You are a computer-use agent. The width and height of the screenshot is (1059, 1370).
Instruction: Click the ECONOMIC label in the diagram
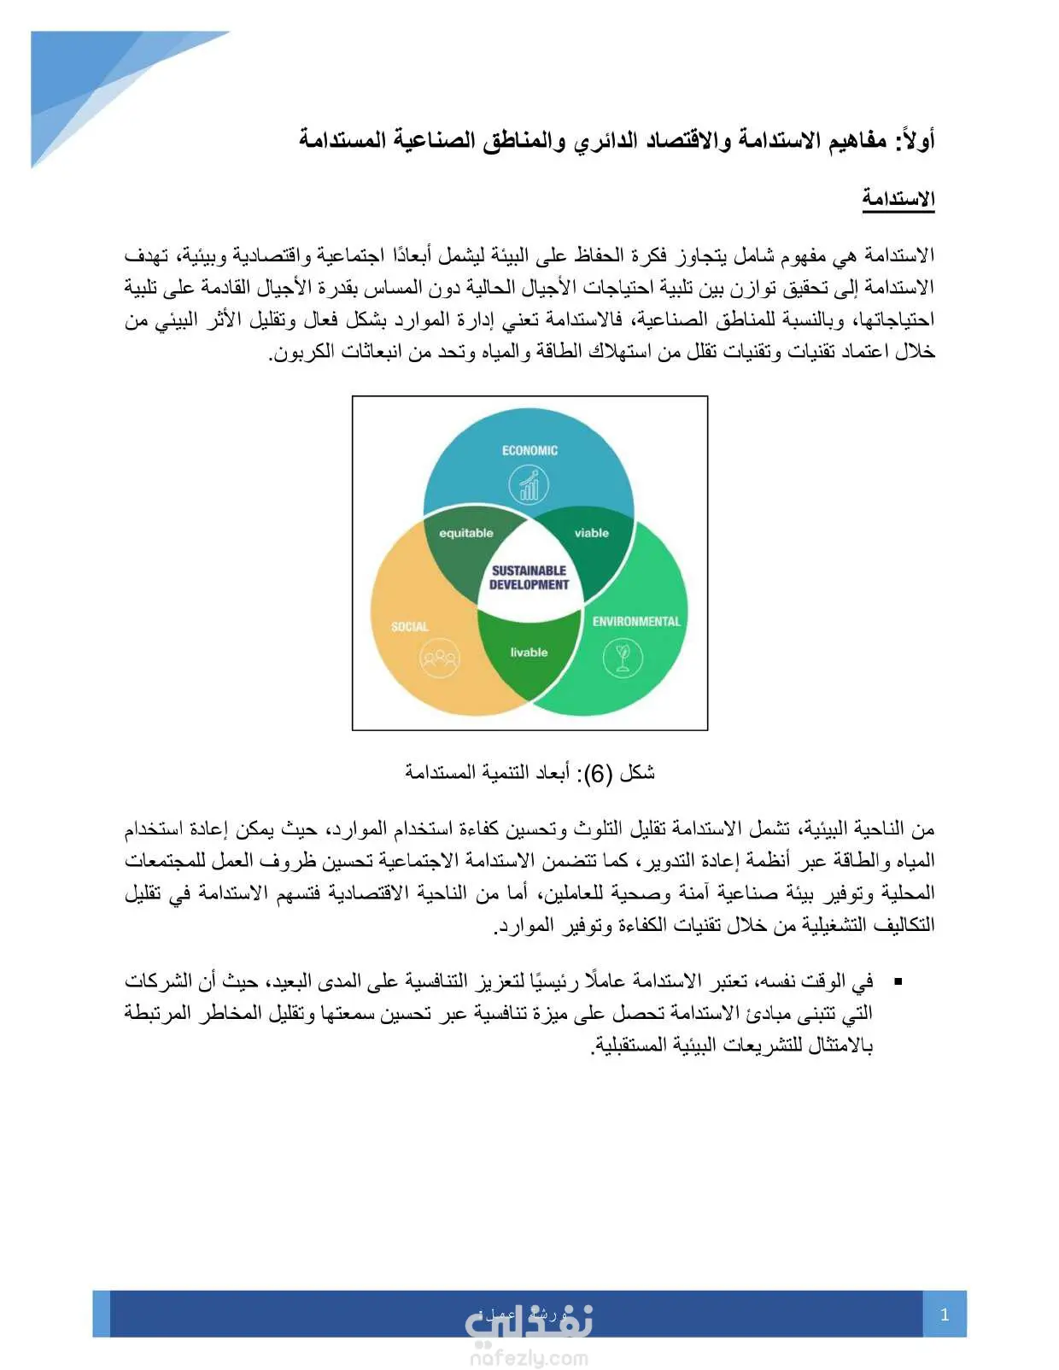529,451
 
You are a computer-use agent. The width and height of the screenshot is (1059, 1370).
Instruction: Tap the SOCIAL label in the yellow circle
410,627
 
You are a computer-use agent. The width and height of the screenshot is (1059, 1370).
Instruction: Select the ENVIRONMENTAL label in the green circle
636,622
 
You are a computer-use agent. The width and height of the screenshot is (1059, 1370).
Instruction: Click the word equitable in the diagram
466,533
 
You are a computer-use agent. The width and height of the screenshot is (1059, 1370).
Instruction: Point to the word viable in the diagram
592,533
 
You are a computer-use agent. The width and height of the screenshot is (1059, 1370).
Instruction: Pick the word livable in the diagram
529,653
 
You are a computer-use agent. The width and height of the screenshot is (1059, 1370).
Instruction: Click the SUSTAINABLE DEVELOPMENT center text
529,577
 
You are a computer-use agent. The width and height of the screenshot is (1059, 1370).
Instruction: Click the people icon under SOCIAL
439,659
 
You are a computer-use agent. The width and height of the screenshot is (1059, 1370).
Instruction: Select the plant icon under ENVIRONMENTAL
623,658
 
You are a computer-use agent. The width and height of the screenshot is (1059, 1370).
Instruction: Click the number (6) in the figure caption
598,774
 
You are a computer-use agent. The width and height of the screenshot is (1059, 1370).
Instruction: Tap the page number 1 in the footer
945,1314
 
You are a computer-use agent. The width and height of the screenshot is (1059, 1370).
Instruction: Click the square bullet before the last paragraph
898,983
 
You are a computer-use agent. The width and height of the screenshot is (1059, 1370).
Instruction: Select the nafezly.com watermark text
529,1357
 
